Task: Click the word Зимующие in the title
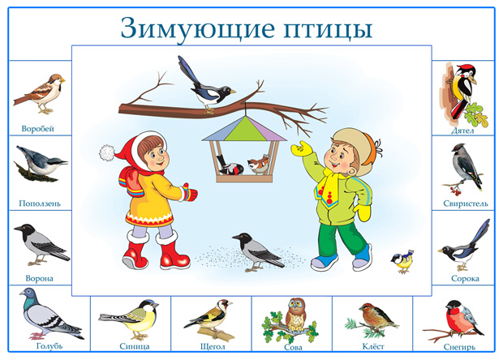coord(198,28)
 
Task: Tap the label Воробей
coord(37,129)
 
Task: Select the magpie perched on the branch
coord(206,86)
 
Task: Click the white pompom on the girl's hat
coord(106,152)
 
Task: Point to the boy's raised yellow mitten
coord(302,148)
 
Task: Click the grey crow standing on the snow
coord(257,252)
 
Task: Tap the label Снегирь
coord(459,347)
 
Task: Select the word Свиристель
coord(466,204)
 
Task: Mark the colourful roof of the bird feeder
coord(244,129)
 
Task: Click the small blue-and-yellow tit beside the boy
coord(402,261)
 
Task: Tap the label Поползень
coord(40,204)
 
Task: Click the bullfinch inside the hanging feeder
coord(230,166)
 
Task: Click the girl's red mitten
coord(189,192)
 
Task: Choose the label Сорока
coord(465,279)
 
